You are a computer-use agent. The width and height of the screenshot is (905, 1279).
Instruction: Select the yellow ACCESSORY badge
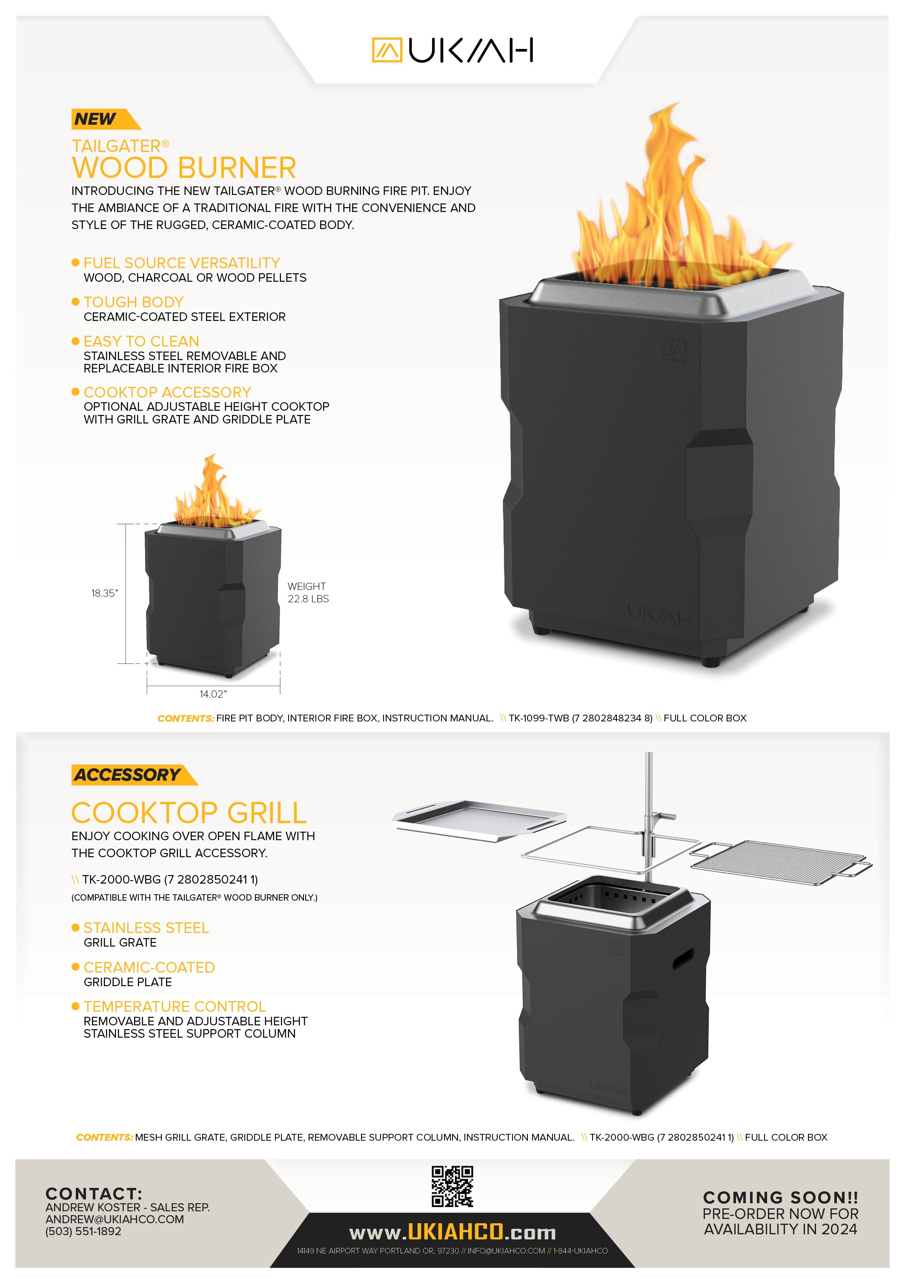[128, 775]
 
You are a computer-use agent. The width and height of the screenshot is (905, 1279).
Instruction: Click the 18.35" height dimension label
[105, 593]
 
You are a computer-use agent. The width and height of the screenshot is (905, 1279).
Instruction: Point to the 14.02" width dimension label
[213, 694]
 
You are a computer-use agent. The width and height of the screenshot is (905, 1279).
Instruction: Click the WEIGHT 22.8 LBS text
[308, 593]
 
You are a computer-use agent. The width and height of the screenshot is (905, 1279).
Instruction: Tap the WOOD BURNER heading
[184, 168]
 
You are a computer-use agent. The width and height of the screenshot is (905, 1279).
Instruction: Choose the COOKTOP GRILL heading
[189, 813]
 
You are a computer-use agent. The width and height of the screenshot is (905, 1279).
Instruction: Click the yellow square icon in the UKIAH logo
[386, 50]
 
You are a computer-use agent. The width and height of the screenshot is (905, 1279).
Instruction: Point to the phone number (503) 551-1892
[83, 1232]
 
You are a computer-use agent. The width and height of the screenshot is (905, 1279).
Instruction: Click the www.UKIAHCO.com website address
[452, 1232]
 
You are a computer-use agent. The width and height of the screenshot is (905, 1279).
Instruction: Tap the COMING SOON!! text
[780, 1197]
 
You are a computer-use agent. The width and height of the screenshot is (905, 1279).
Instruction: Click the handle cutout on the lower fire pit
[683, 959]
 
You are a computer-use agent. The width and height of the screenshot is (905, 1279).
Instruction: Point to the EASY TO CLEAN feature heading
[141, 341]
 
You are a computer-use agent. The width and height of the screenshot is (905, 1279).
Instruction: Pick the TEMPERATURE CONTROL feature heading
[175, 1007]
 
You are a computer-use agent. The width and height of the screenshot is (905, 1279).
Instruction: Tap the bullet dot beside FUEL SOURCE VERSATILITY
[76, 262]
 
